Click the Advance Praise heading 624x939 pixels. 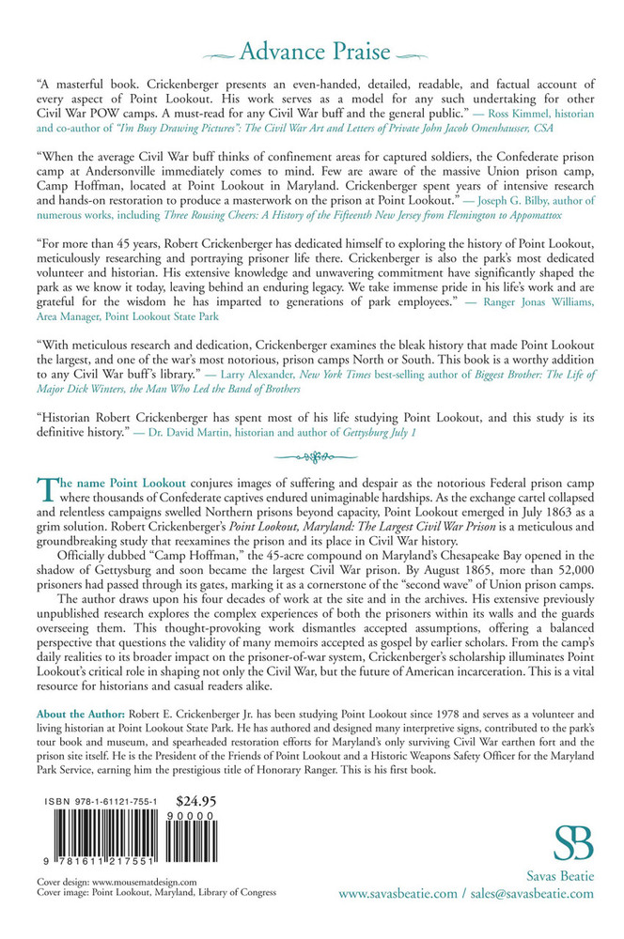(x=311, y=47)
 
